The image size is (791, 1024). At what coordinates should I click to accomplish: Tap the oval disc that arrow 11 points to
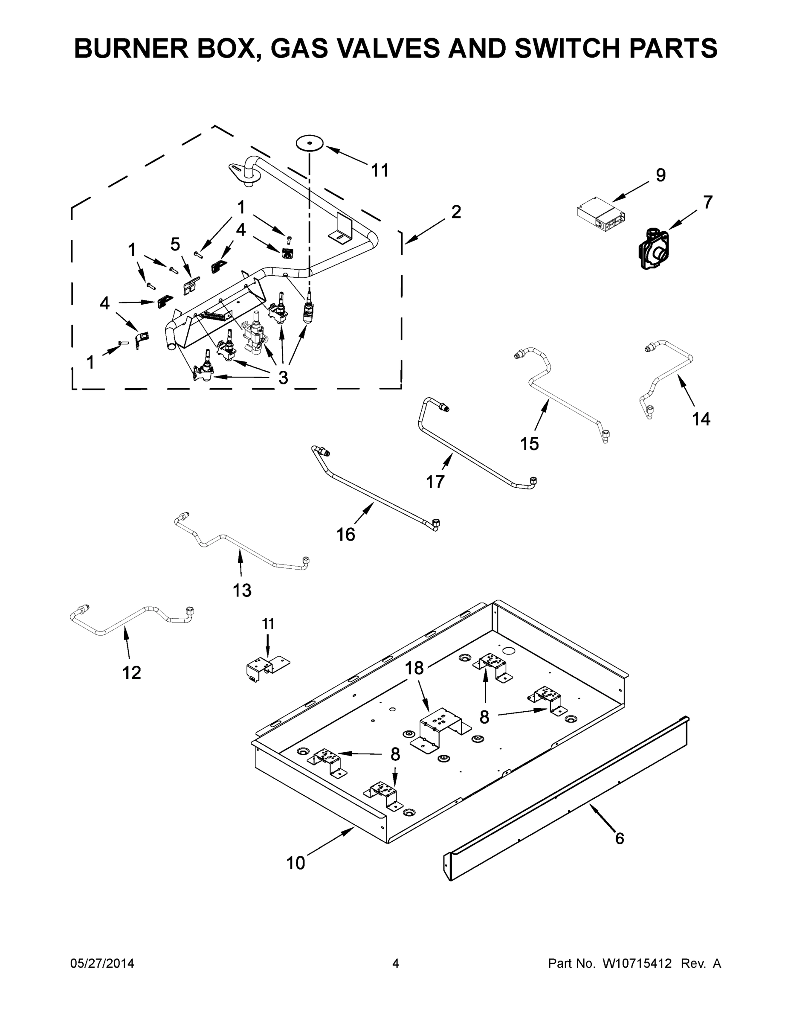[310, 143]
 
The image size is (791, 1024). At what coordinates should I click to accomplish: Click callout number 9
[660, 175]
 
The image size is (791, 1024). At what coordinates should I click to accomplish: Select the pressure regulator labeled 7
[654, 250]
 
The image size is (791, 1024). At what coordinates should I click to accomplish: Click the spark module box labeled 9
[600, 214]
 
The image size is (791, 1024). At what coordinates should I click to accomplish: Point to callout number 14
[701, 419]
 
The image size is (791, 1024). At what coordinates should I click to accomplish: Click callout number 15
[530, 444]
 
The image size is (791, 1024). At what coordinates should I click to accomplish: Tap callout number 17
[435, 482]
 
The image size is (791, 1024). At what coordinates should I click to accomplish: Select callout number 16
[346, 535]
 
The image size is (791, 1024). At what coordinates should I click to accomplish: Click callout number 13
[242, 591]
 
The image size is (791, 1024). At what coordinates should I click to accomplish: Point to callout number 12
[132, 673]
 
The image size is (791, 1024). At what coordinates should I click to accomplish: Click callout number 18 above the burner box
[414, 668]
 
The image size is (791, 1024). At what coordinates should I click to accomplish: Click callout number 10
[296, 863]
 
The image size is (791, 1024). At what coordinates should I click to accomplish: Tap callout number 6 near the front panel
[620, 838]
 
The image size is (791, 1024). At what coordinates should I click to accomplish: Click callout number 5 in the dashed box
[175, 244]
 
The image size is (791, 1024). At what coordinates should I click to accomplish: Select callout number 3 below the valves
[283, 378]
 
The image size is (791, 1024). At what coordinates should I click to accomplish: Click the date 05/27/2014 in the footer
[102, 963]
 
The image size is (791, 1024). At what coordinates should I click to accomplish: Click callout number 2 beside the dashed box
[456, 212]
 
